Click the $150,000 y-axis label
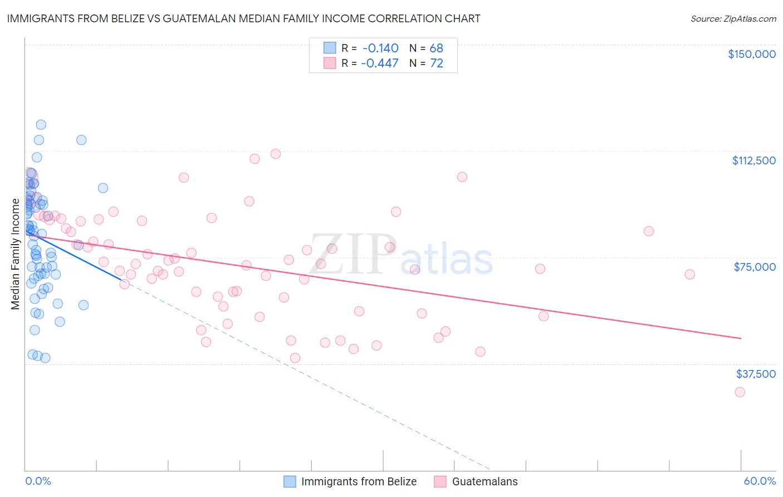(x=751, y=54)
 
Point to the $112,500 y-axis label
(x=753, y=160)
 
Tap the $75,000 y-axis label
(x=755, y=267)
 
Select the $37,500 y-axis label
(x=755, y=374)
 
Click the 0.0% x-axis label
(x=38, y=481)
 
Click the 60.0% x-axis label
(x=759, y=481)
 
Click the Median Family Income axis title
(x=15, y=254)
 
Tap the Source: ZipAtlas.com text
(x=733, y=18)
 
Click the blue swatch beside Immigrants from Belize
(x=290, y=481)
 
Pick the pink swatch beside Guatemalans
(x=441, y=481)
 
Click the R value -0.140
(x=380, y=48)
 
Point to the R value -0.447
(x=380, y=63)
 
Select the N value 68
(x=436, y=48)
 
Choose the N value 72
(x=436, y=63)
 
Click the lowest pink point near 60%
(x=740, y=392)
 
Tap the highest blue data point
(x=41, y=125)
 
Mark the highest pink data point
(x=275, y=154)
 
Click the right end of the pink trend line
(x=741, y=338)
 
